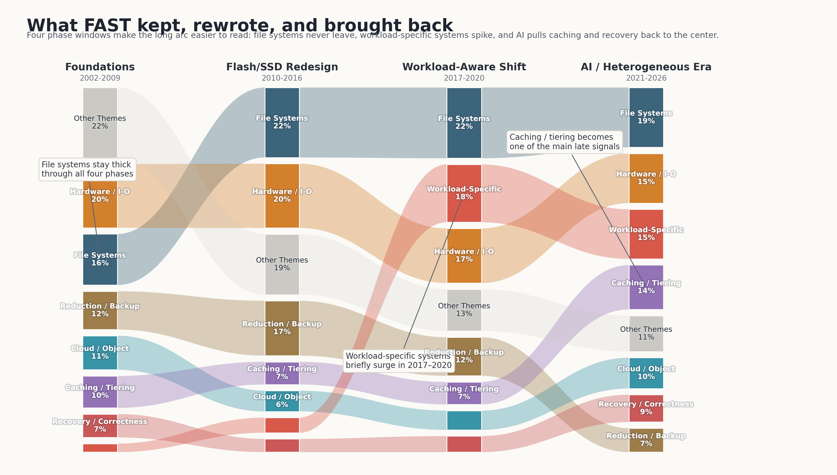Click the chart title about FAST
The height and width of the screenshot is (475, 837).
point(240,26)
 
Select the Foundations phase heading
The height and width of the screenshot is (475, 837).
point(100,67)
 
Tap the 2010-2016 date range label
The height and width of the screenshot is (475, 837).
point(282,78)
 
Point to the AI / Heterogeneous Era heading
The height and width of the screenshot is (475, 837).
point(646,67)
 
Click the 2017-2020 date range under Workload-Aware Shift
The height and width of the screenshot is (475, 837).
point(464,78)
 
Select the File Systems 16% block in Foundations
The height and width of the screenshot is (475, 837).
point(100,259)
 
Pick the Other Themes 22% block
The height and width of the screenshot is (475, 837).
point(100,122)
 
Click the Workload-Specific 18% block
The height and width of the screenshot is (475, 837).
point(464,193)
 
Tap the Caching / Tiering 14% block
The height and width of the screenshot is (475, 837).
point(646,287)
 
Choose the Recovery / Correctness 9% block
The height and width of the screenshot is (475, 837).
point(646,408)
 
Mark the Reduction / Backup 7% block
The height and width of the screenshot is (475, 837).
point(646,440)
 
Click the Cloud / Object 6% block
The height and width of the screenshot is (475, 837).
point(282,401)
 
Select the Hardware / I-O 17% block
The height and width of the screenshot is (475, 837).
point(464,255)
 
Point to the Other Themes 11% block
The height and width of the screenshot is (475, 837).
point(646,334)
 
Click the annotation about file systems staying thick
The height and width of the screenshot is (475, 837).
point(88,169)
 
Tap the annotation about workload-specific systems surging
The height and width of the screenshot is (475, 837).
point(399,361)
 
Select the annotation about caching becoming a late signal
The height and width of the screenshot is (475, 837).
point(564,142)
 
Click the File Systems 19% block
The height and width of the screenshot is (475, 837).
point(646,117)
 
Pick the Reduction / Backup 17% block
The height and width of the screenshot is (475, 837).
point(282,328)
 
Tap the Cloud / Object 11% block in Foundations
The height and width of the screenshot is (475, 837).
point(100,352)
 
